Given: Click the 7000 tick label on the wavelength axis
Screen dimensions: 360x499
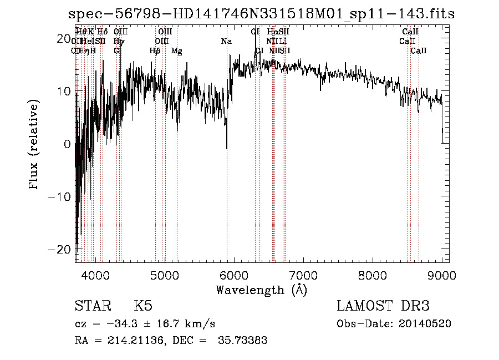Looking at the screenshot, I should coord(303,275).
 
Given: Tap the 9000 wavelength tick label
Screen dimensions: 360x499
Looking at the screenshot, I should coord(441,275).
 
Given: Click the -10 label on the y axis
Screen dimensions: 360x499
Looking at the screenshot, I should coord(60,196).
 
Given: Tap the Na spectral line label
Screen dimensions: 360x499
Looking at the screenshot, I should coord(226,42).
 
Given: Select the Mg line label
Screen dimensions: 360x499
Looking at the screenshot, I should coord(177,51).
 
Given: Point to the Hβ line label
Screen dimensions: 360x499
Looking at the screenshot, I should coord(155,51).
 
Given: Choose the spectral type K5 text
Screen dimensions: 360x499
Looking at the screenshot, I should coord(142,306).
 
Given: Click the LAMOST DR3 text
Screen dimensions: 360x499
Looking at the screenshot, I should coord(383,306).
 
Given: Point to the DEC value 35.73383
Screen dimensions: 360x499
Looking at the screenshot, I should coord(245,340).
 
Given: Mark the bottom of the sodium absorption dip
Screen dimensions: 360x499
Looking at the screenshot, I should coord(226,148).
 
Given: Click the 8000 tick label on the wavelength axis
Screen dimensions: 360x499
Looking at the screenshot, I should coord(372,275).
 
